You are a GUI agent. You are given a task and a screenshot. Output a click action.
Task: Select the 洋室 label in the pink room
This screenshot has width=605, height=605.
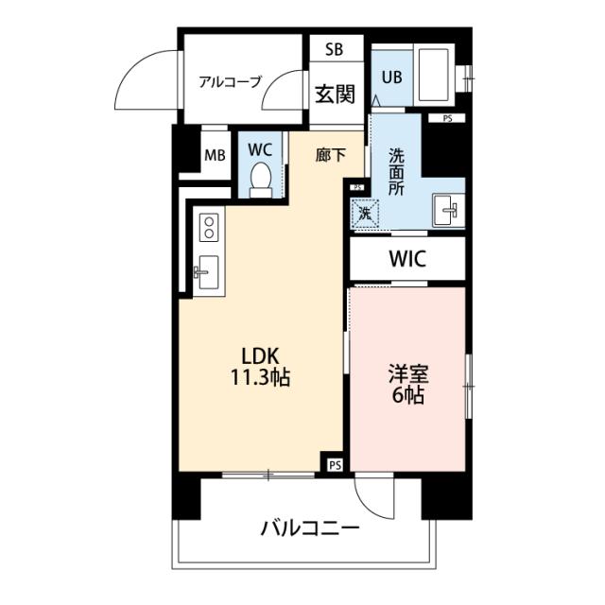408,372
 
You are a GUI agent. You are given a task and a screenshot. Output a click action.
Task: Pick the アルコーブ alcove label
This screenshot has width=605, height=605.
230,81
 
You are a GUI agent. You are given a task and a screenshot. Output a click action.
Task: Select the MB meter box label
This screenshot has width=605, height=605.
215,157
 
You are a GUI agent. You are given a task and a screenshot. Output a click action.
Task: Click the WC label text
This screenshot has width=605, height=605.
260,149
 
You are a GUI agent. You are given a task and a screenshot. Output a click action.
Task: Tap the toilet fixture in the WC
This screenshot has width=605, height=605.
261,179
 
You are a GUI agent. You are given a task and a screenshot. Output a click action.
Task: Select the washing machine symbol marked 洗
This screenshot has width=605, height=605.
365,214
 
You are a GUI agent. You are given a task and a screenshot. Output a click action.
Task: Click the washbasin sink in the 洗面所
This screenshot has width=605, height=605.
446,210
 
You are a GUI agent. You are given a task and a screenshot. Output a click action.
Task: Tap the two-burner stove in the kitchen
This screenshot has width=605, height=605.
208,228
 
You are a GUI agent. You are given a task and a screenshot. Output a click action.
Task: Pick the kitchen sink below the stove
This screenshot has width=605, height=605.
207,272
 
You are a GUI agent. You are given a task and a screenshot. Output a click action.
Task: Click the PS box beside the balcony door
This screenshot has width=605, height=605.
334,465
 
